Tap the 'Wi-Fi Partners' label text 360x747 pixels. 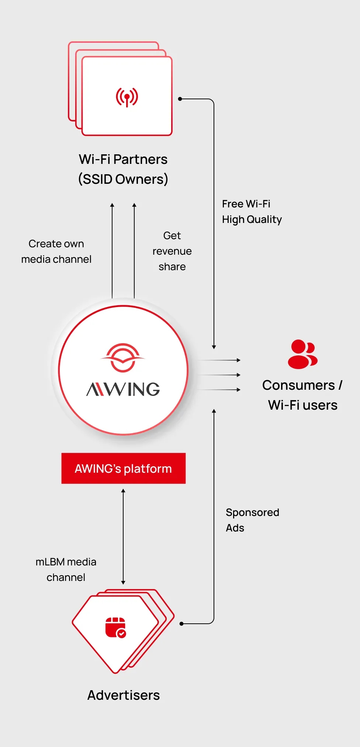tap(123, 159)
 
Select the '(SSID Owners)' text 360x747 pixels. tap(123, 179)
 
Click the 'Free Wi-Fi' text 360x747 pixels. tap(246, 204)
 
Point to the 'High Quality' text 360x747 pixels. tap(252, 220)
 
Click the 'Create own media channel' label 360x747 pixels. tap(56, 251)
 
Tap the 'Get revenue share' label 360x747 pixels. tap(172, 251)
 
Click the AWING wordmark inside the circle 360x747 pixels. tap(123, 389)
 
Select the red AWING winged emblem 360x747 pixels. tap(123, 357)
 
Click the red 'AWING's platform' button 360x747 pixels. tap(123, 468)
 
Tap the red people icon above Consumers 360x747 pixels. tap(302, 354)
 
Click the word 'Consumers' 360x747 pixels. tap(298, 385)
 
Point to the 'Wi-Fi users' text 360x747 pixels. tap(302, 405)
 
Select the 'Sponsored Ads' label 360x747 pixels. tap(252, 520)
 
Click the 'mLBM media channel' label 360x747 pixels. tap(66, 569)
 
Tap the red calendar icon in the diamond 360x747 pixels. tap(115, 627)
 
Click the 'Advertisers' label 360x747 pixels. tap(124, 695)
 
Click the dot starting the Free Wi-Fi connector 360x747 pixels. tap(180, 99)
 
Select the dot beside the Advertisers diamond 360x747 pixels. tap(181, 624)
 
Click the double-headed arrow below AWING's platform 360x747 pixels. tap(123, 537)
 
